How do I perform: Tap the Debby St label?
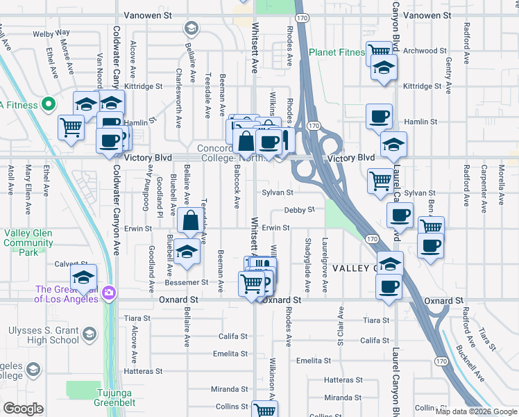pos(300,209)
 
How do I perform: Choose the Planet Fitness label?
pos(337,52)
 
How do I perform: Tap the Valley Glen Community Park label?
pos(28,243)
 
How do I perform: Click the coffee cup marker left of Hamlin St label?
pos(379,116)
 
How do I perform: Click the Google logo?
pos(23,409)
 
